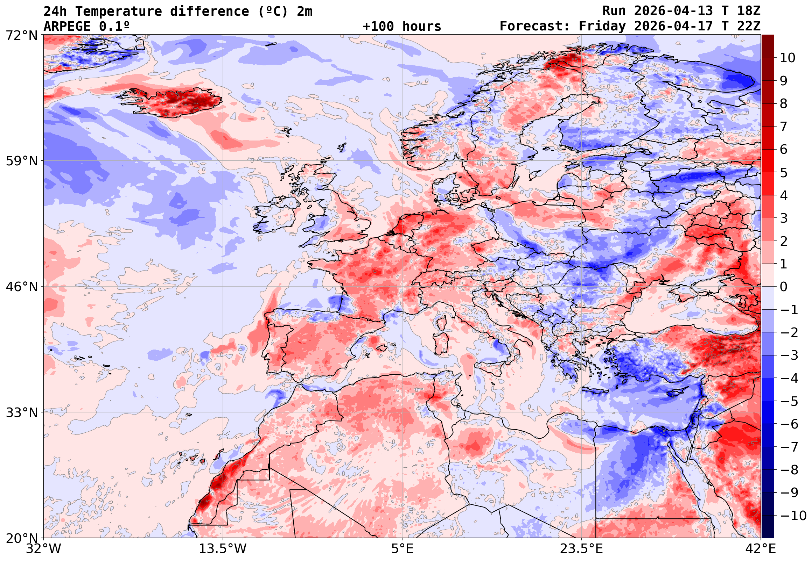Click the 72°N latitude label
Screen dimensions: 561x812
pos(21,35)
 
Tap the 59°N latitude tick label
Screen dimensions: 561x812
pos(21,161)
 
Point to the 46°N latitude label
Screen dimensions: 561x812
pos(21,287)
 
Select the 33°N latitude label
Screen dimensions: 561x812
pos(21,412)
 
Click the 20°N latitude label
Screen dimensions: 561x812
pos(21,538)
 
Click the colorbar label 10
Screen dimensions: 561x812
pos(787,58)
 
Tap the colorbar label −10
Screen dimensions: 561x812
pos(793,516)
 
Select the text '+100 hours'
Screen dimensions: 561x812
pos(401,26)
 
